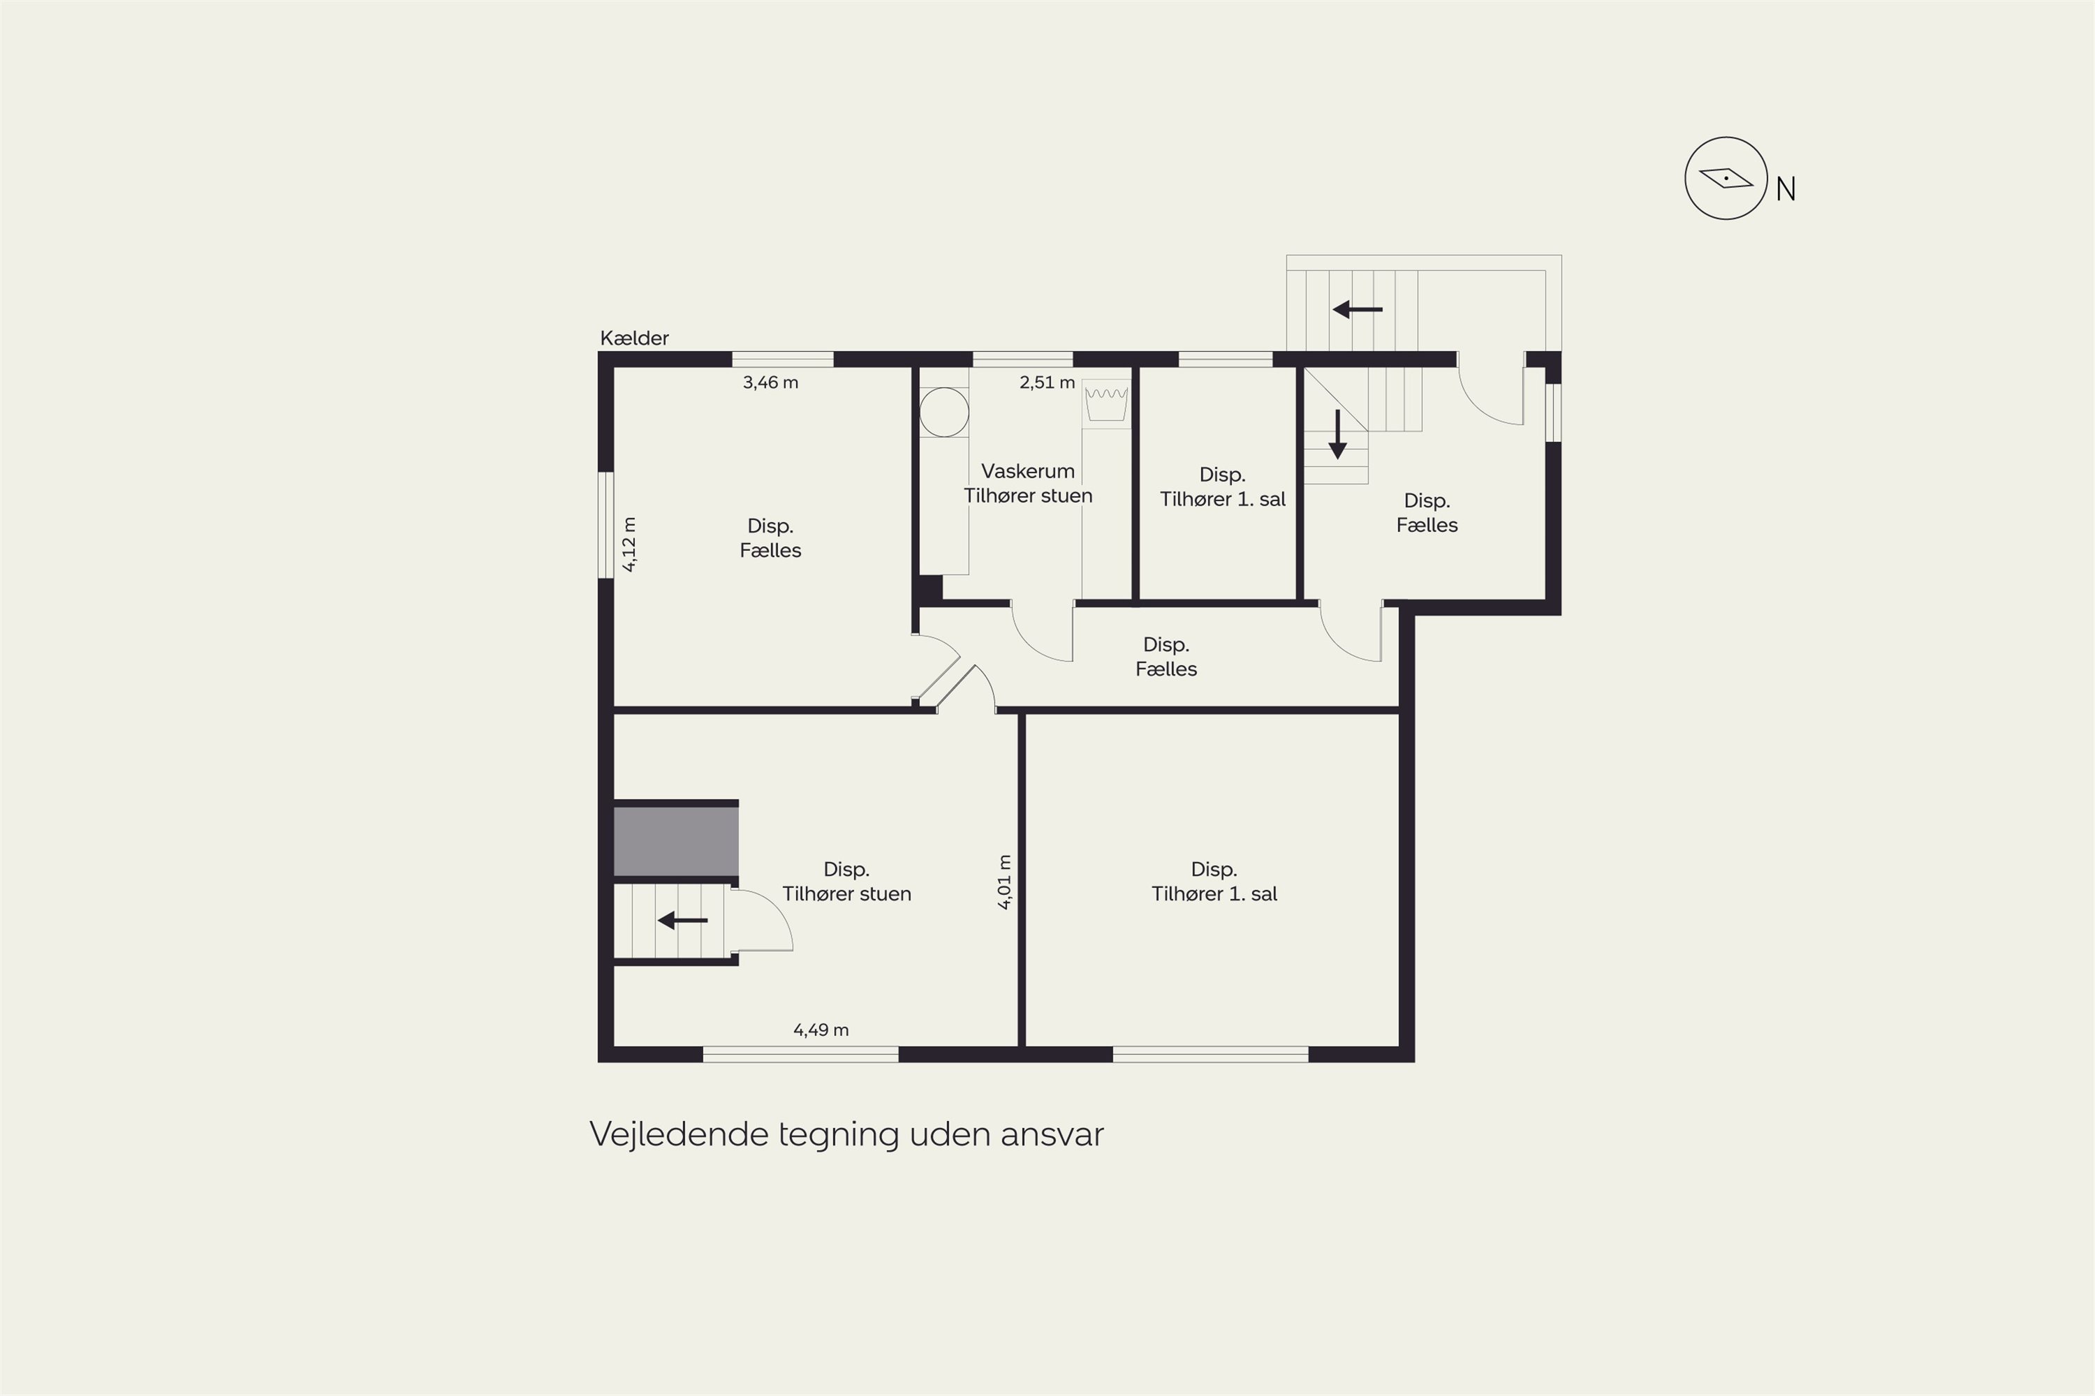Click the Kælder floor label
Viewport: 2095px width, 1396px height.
(634, 339)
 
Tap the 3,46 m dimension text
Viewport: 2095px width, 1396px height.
(770, 383)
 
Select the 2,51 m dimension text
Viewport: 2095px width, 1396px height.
(1047, 383)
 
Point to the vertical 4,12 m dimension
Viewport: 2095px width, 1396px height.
(629, 544)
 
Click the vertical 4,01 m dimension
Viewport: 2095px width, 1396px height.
(1004, 882)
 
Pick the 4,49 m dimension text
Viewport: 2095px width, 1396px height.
(821, 1030)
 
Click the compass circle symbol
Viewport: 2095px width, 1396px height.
(1726, 178)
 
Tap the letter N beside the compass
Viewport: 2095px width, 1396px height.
(1785, 188)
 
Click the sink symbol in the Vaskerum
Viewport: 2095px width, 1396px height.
(1106, 404)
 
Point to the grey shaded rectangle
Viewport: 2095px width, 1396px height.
(676, 841)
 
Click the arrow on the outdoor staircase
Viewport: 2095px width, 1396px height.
(1358, 310)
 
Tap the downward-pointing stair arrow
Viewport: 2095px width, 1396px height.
(1337, 434)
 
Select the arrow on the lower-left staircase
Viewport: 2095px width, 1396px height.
(682, 920)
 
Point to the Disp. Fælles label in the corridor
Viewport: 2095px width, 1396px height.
(1166, 657)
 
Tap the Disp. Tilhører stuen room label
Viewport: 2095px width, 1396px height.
(846, 882)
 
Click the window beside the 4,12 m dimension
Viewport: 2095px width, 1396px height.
(605, 526)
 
